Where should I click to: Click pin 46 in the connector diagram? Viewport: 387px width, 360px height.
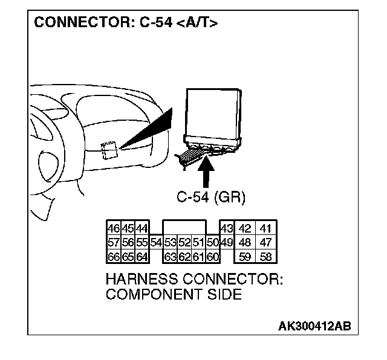[x=112, y=229]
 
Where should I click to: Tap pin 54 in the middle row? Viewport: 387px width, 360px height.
[x=156, y=243]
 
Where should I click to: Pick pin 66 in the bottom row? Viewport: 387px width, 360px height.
[x=112, y=256]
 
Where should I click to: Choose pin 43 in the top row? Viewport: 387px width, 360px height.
[x=227, y=229]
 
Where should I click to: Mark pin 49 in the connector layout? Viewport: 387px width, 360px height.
[x=227, y=243]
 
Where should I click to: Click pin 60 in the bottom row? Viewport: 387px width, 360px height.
[x=212, y=256]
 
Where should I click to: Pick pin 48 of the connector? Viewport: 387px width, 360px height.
[x=245, y=243]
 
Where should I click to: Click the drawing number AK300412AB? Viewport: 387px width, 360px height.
[x=314, y=327]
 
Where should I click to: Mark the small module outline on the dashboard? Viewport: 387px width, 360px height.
[x=109, y=150]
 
